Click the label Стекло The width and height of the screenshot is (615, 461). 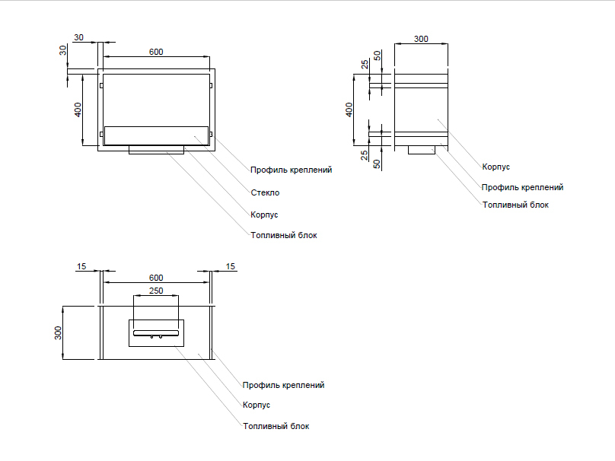266,192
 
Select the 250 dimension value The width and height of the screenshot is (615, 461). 155,291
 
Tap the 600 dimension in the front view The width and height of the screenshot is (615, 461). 155,52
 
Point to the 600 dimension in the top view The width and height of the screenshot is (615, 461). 155,277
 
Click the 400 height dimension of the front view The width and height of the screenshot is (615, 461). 78,110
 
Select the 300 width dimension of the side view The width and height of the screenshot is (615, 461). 420,38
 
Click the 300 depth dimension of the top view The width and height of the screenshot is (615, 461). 59,332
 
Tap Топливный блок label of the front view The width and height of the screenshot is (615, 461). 283,235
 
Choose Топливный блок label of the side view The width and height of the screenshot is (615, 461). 515,205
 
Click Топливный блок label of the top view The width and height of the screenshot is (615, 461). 276,426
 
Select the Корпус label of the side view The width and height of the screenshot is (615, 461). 496,166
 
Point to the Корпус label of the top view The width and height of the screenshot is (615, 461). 257,405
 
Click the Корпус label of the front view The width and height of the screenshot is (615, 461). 264,215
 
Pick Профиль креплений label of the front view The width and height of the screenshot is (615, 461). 291,170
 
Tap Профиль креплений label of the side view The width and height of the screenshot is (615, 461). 522,186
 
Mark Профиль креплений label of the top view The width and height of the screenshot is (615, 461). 283,385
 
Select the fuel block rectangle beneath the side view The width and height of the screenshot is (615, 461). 422,150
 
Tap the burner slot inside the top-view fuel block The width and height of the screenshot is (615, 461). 155,332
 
